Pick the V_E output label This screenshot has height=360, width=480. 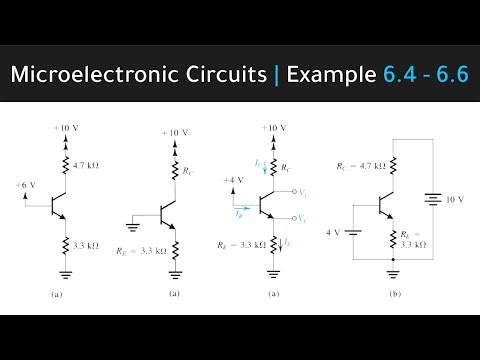click(x=304, y=218)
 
